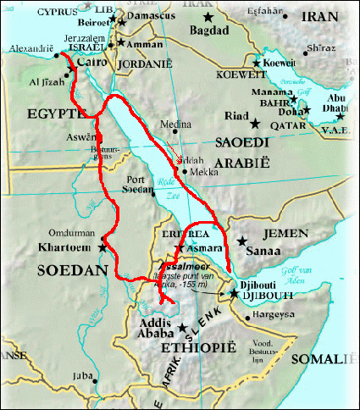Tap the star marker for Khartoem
(103, 247)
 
